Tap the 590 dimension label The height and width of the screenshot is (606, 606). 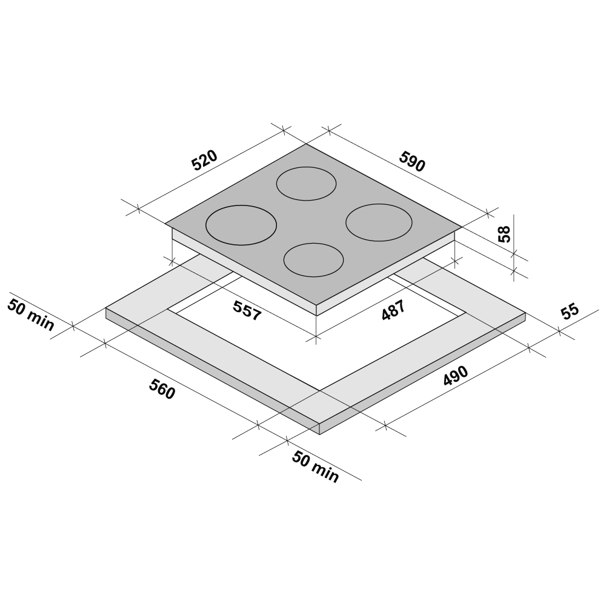click(x=412, y=161)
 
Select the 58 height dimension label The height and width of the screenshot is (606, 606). click(x=504, y=234)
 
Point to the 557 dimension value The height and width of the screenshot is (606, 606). click(x=247, y=310)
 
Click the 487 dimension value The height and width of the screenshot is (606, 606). click(x=393, y=310)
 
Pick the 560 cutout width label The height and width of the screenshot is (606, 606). click(x=162, y=389)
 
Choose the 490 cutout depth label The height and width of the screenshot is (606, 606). click(x=456, y=376)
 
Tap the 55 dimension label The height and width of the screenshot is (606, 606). click(x=570, y=312)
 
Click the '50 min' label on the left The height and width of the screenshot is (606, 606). click(x=31, y=315)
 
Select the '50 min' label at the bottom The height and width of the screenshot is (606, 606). click(x=315, y=467)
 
